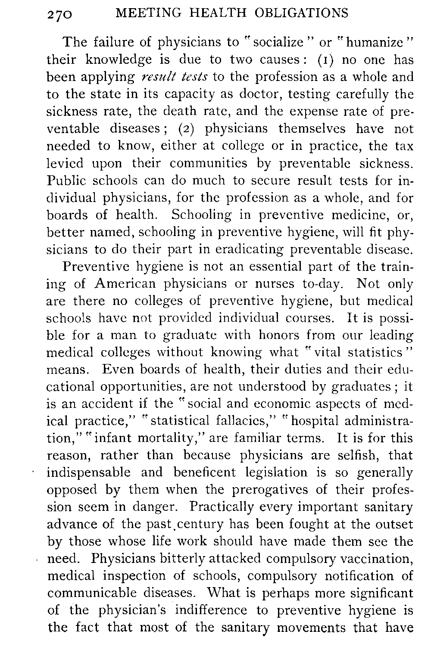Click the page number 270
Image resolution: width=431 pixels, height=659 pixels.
point(61,14)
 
